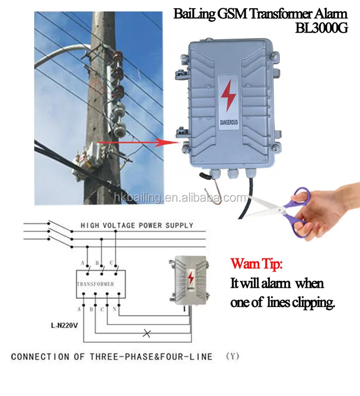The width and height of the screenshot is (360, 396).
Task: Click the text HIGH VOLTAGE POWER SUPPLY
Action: [x=137, y=225]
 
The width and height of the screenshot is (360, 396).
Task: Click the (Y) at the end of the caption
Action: [x=232, y=357]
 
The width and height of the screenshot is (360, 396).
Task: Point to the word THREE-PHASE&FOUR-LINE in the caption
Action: [x=165, y=357]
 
